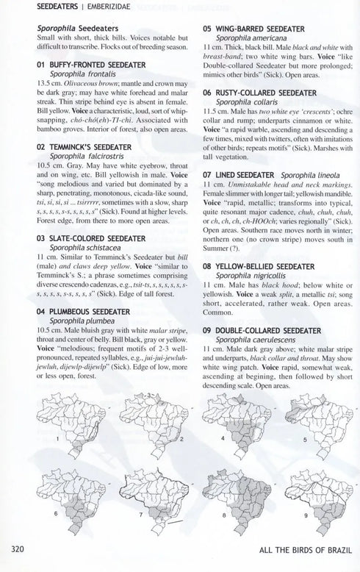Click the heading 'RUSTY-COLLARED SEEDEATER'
(x=260, y=93)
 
